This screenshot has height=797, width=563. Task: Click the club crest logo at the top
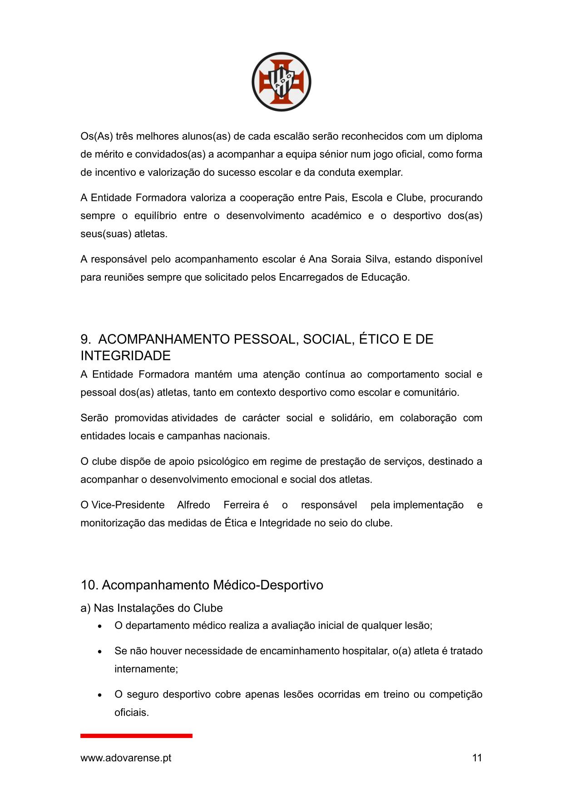click(x=281, y=82)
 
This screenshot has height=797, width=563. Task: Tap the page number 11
click(x=477, y=758)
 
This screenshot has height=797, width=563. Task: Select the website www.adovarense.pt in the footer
click(x=126, y=758)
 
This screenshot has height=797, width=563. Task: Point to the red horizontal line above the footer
click(x=136, y=736)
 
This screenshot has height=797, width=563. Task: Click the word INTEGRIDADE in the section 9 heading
click(x=125, y=356)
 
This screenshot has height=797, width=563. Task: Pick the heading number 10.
click(x=89, y=585)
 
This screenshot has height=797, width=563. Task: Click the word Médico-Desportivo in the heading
click(x=268, y=585)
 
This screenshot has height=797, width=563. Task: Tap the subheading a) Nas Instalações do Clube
click(x=152, y=608)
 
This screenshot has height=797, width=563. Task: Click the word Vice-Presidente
click(x=128, y=505)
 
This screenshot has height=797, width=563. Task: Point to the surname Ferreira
click(x=242, y=505)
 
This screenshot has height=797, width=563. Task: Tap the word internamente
click(x=146, y=669)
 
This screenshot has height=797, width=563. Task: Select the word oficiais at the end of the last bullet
click(x=131, y=712)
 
